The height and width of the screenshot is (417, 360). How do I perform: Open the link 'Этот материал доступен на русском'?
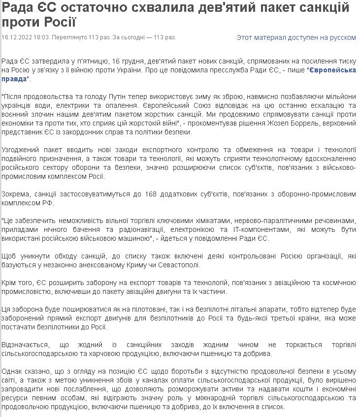click(296, 37)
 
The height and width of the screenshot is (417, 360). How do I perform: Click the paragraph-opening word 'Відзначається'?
click(24, 345)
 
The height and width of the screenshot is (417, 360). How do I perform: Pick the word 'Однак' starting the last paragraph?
click(12, 372)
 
